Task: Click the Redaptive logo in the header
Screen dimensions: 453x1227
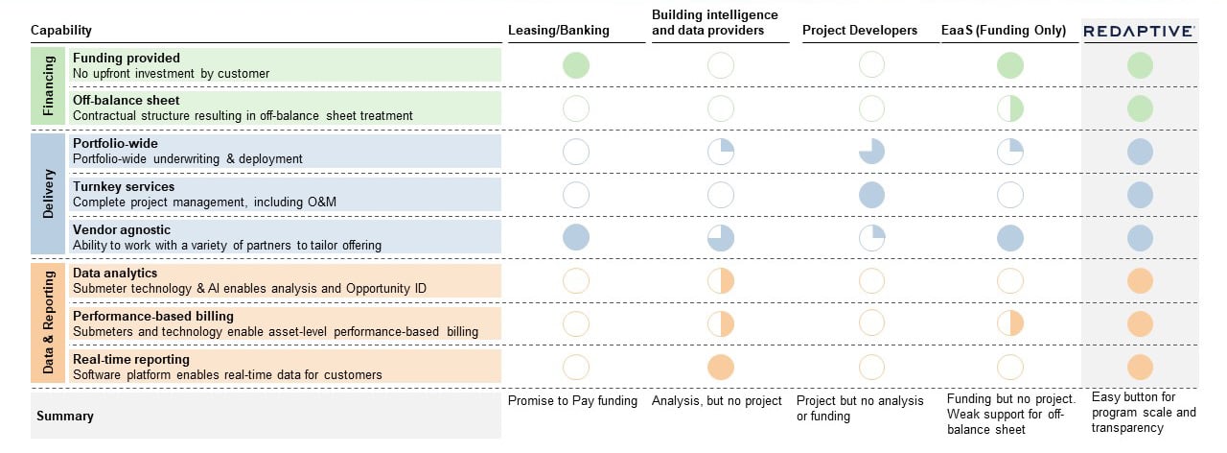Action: (x=1139, y=31)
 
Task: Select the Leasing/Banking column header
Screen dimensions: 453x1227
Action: (x=558, y=31)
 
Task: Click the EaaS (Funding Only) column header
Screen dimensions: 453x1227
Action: (x=1004, y=31)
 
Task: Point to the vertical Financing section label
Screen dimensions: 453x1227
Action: (x=49, y=86)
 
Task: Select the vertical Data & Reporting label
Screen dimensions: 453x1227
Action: (x=49, y=323)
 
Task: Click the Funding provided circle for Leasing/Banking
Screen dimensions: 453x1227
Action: (x=576, y=65)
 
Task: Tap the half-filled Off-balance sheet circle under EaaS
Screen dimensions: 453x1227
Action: (x=1010, y=108)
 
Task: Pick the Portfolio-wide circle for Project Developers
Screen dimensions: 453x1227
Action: (x=870, y=152)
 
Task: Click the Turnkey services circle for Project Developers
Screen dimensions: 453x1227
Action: (x=870, y=195)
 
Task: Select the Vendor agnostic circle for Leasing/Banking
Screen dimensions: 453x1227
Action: (x=576, y=238)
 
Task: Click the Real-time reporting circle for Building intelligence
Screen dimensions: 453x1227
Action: (x=720, y=367)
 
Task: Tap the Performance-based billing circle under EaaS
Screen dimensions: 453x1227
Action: (x=1010, y=323)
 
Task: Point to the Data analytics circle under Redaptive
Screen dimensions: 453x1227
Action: (x=1140, y=281)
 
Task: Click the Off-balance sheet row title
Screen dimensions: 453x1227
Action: (x=126, y=100)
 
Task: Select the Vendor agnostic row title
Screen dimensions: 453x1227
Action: (x=122, y=230)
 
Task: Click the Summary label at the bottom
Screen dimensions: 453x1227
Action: (x=64, y=417)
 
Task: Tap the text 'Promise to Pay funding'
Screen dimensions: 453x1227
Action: (x=572, y=401)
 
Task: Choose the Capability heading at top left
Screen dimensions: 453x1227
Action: (x=61, y=31)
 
